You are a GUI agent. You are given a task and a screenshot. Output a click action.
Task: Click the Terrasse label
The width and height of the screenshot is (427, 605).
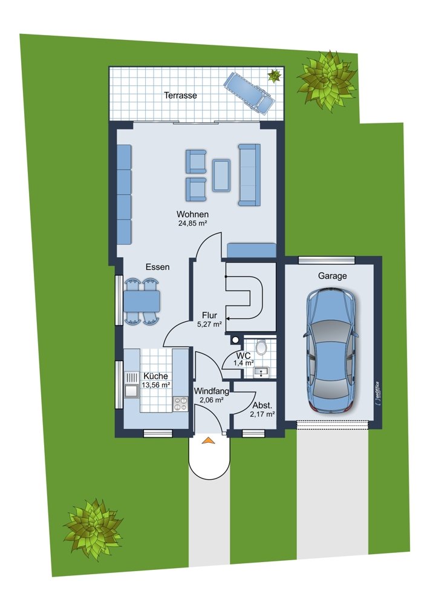pos(180,95)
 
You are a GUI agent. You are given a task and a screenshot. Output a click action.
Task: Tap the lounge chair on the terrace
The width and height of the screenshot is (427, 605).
pos(250,93)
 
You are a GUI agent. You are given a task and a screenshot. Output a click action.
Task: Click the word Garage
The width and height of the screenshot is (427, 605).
pos(332,276)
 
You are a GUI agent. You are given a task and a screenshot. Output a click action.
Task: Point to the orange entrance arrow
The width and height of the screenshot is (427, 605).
pos(208,440)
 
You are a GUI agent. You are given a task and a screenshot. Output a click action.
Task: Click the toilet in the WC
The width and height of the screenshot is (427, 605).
pos(261,347)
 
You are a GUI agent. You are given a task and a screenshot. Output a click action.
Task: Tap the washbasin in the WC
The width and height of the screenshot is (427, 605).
pos(262,371)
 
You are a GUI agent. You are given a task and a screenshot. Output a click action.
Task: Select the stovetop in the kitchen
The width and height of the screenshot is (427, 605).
pos(180,404)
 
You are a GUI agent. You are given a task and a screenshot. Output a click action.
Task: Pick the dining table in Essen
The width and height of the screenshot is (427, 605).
pos(142,301)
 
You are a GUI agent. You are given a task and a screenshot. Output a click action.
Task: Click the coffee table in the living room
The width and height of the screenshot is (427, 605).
pos(221,175)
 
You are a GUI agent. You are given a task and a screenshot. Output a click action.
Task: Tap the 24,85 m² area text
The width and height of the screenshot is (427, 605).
pos(193,223)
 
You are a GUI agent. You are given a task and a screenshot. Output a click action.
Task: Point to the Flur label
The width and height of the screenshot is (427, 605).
pos(209,316)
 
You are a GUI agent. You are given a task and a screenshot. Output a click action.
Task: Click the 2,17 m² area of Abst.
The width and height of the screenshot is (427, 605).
pos(262,415)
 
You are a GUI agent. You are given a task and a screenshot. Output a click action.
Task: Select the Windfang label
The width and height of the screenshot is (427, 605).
pos(211,391)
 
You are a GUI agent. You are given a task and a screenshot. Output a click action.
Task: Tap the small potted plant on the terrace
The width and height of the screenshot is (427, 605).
pos(274,75)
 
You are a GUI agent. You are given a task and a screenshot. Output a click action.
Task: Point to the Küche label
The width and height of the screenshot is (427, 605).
pos(156,376)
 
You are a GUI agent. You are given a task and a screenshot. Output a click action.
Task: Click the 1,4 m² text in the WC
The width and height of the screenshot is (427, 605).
pos(243,363)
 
